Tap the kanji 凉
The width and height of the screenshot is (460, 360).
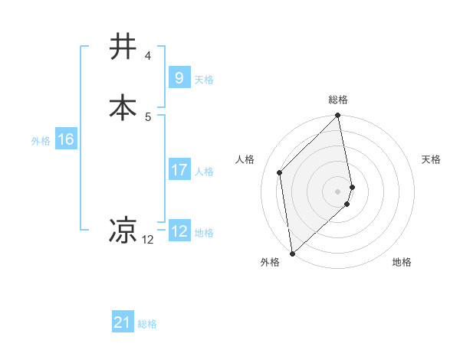[123, 230]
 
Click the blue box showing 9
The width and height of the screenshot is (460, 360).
[179, 78]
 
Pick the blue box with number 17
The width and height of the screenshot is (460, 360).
[179, 170]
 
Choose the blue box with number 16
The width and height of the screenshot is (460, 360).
[65, 139]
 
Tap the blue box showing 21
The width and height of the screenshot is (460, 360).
[123, 323]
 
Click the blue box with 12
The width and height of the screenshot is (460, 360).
[179, 231]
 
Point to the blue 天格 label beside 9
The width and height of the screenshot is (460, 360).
[204, 80]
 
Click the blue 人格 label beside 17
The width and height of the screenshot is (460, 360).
[204, 172]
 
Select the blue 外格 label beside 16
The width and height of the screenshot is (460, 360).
[40, 141]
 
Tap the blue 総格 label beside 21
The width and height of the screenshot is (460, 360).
[147, 325]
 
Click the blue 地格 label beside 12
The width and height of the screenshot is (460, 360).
[204, 233]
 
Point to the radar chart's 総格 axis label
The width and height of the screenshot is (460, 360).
[338, 100]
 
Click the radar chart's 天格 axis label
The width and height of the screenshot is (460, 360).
[431, 159]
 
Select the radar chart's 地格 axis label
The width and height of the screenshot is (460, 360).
[402, 263]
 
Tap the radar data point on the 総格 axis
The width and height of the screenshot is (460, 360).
[338, 116]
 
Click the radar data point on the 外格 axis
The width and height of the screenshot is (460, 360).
[292, 253]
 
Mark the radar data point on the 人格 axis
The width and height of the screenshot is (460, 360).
[280, 172]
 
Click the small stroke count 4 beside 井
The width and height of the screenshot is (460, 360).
[147, 55]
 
